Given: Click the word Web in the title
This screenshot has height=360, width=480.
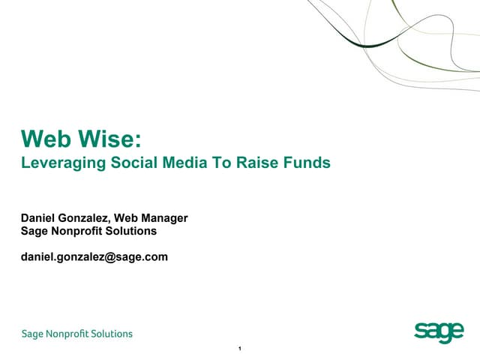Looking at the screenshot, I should (x=47, y=139).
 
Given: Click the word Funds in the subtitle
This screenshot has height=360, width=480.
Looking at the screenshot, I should (x=308, y=162).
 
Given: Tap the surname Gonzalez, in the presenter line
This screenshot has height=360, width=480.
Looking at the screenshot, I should (x=86, y=218).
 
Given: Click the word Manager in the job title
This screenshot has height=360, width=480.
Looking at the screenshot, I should (x=164, y=218).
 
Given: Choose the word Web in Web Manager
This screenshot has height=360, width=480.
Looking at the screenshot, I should (x=127, y=218).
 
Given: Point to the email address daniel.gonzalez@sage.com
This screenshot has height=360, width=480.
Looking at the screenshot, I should (x=94, y=256).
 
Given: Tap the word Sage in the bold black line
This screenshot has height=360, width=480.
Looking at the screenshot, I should (x=34, y=232).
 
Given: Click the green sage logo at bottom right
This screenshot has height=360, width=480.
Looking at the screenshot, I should (x=439, y=332).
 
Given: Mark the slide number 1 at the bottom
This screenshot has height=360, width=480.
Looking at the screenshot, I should (x=238, y=349).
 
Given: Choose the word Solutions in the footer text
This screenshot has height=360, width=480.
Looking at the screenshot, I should (x=112, y=334).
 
